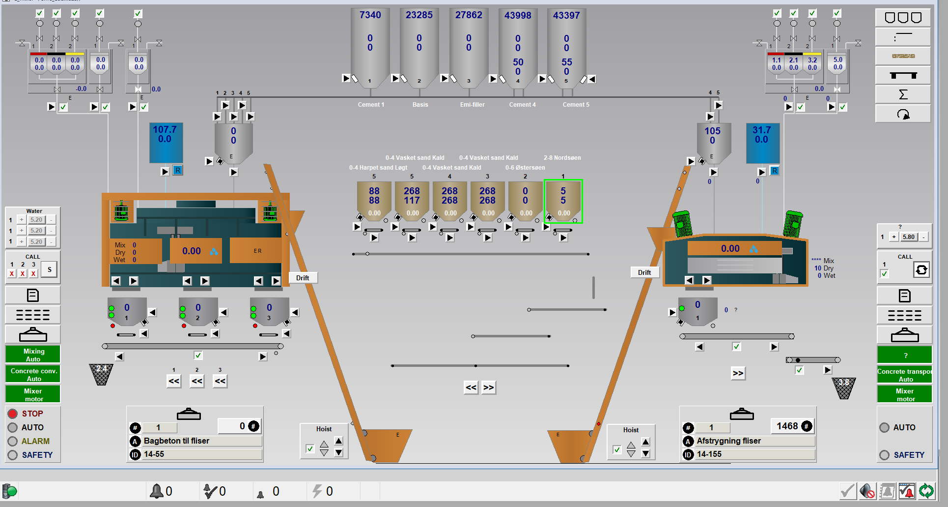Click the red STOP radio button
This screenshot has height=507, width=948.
click(13, 414)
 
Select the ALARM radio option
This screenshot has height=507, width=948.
click(13, 441)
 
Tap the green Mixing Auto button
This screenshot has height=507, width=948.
click(33, 355)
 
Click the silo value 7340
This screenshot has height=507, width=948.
click(370, 15)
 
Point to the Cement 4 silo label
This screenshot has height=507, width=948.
click(522, 105)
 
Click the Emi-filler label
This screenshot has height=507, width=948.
click(472, 105)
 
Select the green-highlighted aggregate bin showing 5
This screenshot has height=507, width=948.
click(563, 201)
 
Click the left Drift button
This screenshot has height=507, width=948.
click(303, 278)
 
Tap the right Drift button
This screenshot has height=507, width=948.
click(644, 272)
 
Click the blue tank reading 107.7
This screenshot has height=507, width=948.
click(165, 130)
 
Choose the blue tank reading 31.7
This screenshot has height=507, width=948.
click(761, 130)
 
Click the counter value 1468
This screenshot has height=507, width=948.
click(787, 426)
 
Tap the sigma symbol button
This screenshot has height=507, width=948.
click(903, 94)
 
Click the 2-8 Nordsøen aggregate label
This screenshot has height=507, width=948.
click(562, 158)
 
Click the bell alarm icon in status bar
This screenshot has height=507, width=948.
click(157, 491)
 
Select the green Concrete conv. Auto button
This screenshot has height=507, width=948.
click(33, 374)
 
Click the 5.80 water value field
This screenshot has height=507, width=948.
click(908, 237)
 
